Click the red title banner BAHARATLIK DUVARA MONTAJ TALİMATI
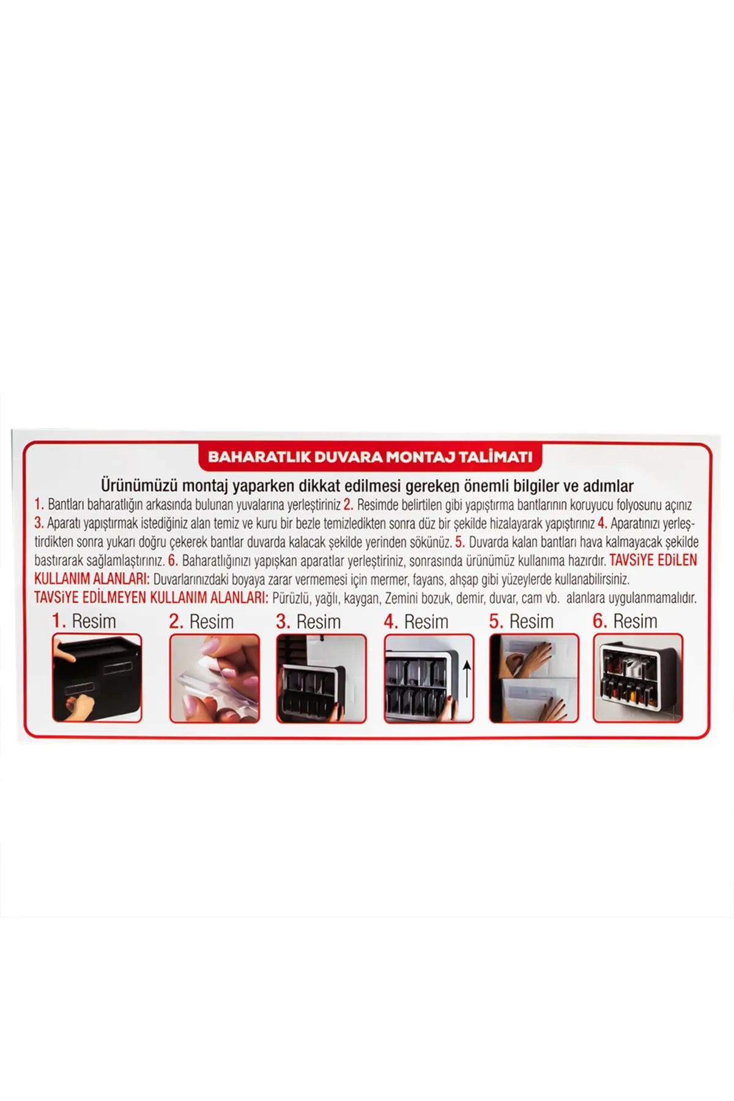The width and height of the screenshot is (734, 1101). coord(371,457)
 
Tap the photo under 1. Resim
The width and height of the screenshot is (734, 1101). coord(97,678)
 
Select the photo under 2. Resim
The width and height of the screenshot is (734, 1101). coord(215,678)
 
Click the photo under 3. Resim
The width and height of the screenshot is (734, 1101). coord(322,678)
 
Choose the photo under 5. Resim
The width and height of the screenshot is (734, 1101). coord(534,678)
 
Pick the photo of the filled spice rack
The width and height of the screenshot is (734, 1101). coord(638,678)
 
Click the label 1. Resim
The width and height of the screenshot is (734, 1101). coord(84,621)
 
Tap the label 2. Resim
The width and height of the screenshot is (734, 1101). coord(201,621)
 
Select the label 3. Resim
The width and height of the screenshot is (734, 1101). coord(308,621)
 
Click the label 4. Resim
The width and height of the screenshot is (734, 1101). coord(416,621)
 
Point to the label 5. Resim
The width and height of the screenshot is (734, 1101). coord(521,621)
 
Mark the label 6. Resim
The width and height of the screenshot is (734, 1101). coord(625,621)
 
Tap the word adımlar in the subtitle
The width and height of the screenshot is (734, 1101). coord(608,486)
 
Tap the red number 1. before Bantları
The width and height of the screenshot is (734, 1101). coord(39,505)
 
